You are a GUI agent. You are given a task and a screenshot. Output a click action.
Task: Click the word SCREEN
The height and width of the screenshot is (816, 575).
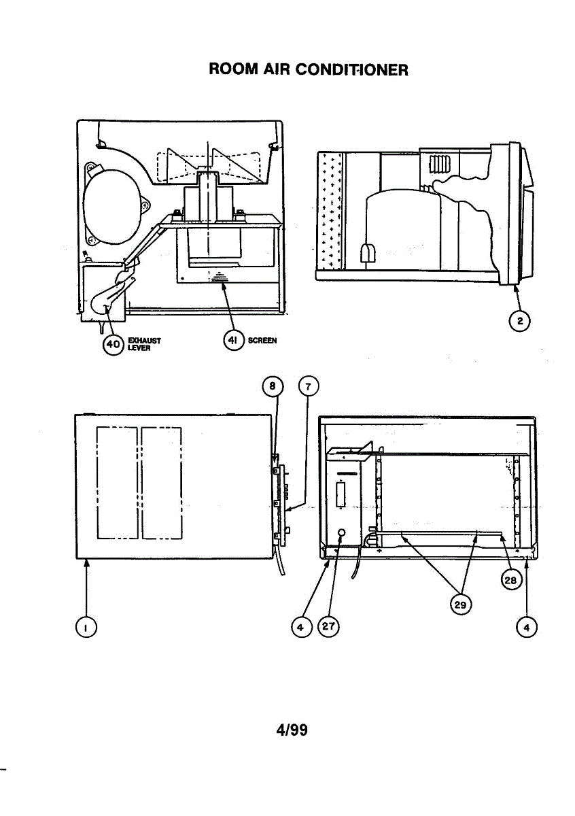tap(262, 341)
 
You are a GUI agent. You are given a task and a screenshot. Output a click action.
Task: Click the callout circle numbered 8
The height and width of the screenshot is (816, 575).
tap(271, 387)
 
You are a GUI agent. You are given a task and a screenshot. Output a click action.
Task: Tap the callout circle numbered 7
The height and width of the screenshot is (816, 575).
tap(308, 387)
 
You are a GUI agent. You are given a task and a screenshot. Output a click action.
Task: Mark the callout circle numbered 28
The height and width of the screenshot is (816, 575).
tap(510, 579)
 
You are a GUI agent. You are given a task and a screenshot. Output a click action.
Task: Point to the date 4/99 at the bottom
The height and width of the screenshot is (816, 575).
tap(292, 730)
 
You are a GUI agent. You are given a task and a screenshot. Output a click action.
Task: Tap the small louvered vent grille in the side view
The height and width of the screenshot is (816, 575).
tap(434, 165)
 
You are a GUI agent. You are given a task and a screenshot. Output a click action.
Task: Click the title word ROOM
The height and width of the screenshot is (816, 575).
tap(233, 69)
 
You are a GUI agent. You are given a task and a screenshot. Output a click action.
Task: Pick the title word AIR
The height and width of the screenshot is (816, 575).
tap(279, 69)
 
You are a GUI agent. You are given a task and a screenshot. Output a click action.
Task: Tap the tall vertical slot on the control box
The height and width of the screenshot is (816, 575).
tap(340, 492)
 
